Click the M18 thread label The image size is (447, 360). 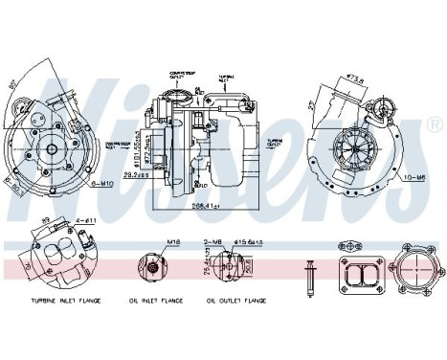[147, 243]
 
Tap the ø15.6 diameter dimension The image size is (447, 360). [251, 243]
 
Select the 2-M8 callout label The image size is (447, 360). [213, 243]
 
